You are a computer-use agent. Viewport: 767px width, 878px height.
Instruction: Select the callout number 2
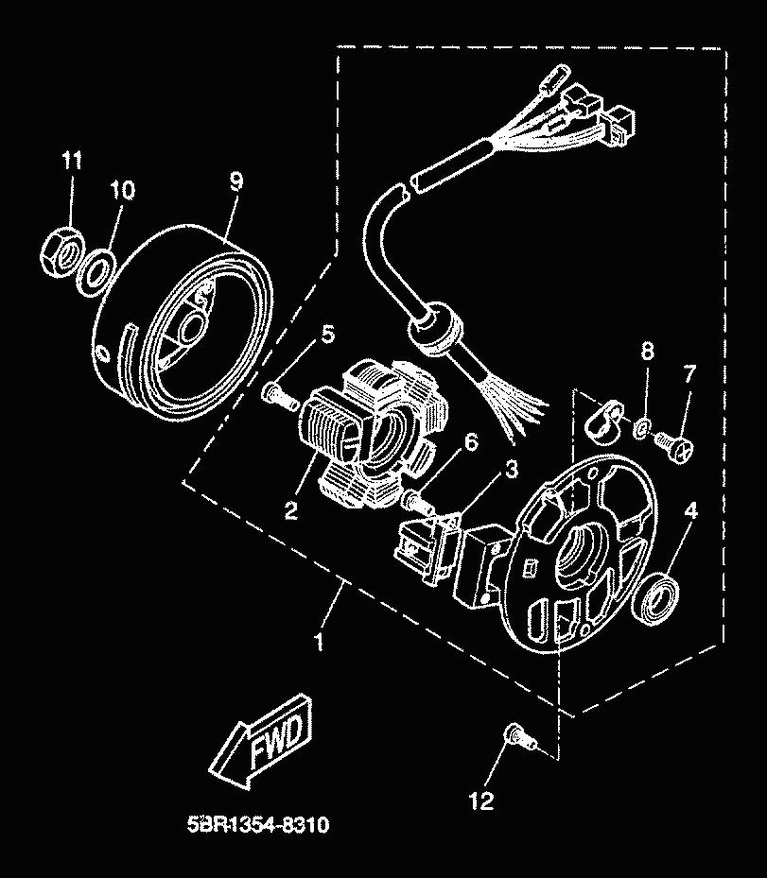291,511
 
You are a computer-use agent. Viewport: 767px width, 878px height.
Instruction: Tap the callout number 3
510,468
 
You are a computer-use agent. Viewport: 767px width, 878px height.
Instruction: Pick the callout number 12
481,801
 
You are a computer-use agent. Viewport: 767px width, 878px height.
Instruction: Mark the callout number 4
691,510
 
